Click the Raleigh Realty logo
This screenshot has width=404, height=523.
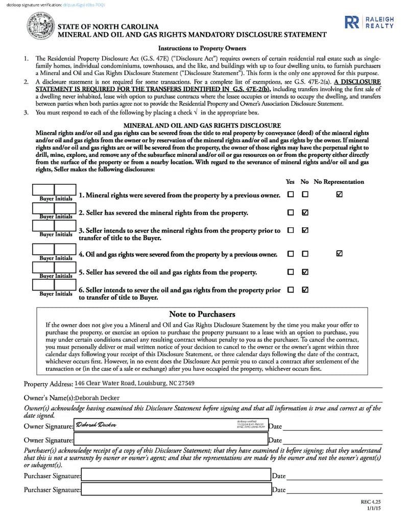[x=369, y=22]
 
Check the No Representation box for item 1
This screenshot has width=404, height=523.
[x=340, y=195]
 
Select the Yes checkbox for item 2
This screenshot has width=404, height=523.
[x=291, y=212]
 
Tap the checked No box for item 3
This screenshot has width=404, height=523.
[x=305, y=230]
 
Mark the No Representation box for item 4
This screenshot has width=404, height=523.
[x=340, y=253]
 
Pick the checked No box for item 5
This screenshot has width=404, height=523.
[x=305, y=271]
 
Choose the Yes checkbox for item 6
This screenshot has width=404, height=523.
[x=291, y=290]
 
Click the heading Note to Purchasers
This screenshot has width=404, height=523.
[x=202, y=314]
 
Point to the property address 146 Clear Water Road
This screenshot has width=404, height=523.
[x=134, y=383]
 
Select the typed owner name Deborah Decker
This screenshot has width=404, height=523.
[x=97, y=398]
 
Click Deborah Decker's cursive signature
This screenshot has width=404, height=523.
[x=96, y=425]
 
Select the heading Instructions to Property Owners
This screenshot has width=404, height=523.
[x=202, y=49]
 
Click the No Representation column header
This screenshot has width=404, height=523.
[x=339, y=182]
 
